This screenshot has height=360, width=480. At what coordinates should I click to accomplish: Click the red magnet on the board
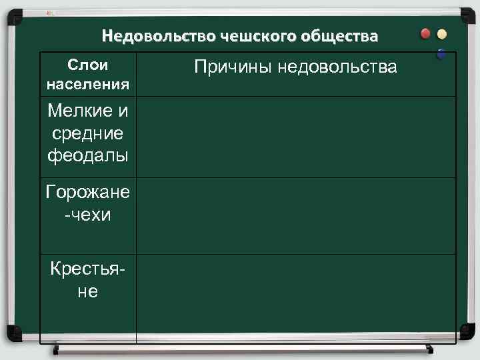click(x=426, y=35)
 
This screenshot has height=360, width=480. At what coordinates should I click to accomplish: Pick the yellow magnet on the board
click(x=443, y=35)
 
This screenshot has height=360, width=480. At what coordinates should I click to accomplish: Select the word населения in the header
click(x=89, y=85)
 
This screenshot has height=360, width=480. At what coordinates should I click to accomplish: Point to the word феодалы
click(x=89, y=157)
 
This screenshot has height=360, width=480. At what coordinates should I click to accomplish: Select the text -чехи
click(x=89, y=215)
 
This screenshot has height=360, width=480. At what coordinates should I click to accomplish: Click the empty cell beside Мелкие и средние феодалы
click(x=296, y=136)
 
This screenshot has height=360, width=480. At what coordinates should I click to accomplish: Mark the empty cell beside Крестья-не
click(x=296, y=299)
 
